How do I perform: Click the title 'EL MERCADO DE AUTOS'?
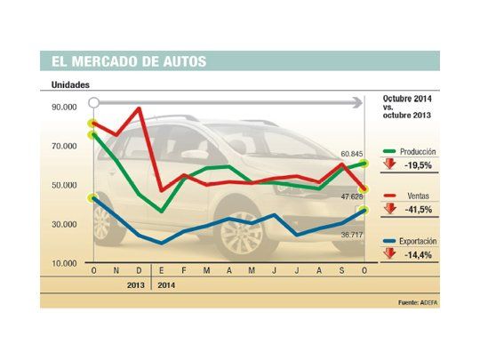coord(124,61)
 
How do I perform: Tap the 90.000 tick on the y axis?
coord(65,107)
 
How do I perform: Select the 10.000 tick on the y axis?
coord(65,263)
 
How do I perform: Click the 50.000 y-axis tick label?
coord(65,185)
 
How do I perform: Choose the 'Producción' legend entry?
coord(417,152)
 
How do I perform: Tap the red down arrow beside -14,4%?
coord(389,253)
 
